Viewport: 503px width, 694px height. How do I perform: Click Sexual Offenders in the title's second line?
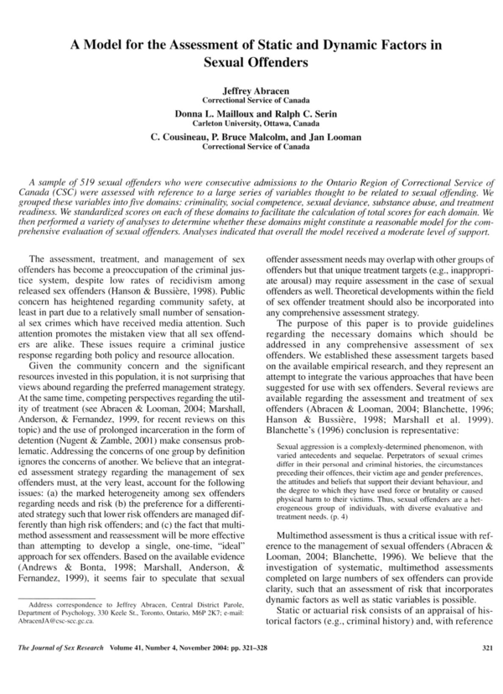click(x=251, y=61)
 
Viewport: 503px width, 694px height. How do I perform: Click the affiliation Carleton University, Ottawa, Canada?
click(x=251, y=123)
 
